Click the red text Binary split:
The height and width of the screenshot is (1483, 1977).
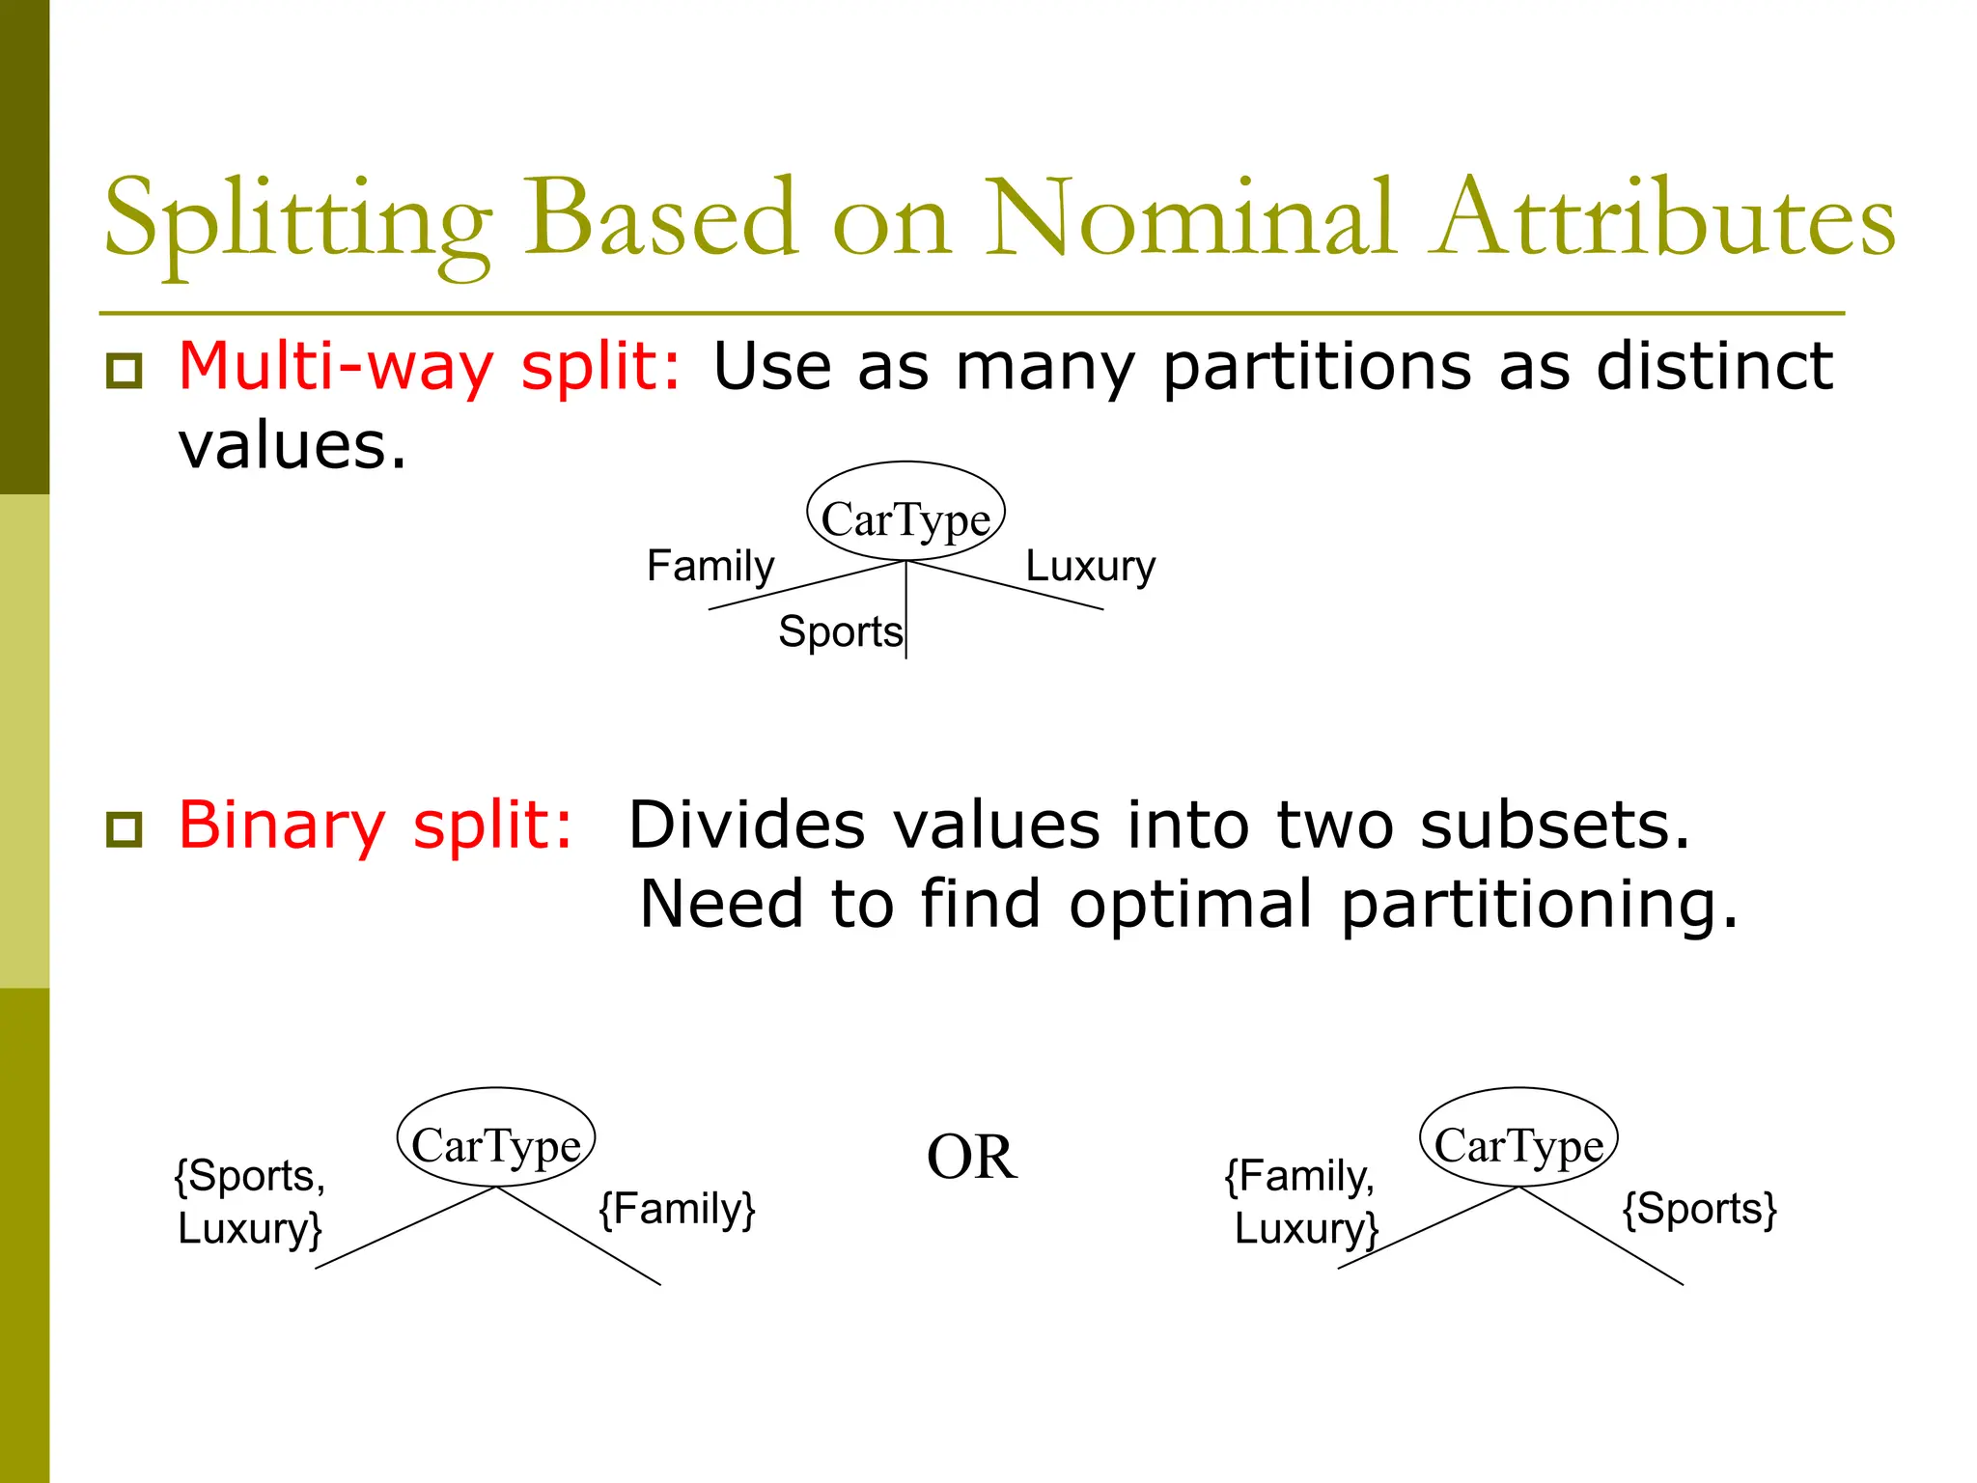tap(376, 826)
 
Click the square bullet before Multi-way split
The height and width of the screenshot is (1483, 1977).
tap(125, 371)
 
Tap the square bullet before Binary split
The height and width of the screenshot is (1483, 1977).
tap(125, 829)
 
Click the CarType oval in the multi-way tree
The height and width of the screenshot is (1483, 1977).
tap(905, 512)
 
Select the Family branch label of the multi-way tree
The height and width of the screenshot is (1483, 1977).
tap(710, 566)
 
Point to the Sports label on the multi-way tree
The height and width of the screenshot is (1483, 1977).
tap(840, 632)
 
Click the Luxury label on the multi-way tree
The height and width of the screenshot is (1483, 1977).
tap(1090, 566)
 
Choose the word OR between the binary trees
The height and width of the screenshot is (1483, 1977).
tap(971, 1157)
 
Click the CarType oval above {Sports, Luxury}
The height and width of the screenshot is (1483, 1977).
tap(496, 1138)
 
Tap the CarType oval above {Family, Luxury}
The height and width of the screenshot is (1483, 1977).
tap(1518, 1138)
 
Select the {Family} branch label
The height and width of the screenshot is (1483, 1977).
tap(677, 1209)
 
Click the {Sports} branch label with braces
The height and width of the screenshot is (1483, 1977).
tap(1699, 1209)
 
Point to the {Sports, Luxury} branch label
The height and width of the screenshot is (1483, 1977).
tap(250, 1202)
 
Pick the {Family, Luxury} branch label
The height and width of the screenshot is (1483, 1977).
tap(1302, 1202)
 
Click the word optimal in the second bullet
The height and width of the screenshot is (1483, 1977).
tap(1191, 905)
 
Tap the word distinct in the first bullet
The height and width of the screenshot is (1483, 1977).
tap(1714, 368)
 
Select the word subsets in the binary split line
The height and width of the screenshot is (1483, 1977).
tap(1554, 826)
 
